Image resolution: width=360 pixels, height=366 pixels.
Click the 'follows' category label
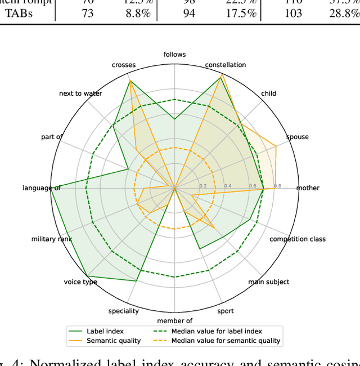click(174, 55)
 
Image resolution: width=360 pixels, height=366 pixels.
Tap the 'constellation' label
click(225, 65)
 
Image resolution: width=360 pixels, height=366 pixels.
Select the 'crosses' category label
click(124, 65)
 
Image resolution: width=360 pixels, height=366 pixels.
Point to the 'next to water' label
click(80, 93)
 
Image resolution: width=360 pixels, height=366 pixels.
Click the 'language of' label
click(42, 188)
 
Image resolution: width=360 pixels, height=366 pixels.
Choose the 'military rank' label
click(52, 239)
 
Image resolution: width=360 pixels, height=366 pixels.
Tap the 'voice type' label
click(80, 282)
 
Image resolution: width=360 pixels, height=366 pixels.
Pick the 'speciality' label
click(124, 311)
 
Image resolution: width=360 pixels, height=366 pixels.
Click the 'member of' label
click(174, 321)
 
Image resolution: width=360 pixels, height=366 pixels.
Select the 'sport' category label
click(226, 311)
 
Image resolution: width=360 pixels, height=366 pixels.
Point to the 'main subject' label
click(269, 282)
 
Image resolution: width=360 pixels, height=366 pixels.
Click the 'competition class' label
click(298, 239)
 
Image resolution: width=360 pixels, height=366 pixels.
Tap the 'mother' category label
click(308, 188)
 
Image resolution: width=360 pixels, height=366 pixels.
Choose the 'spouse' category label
click(298, 137)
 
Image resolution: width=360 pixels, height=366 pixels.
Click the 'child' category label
click(269, 93)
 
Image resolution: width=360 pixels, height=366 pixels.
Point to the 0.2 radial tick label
click(202, 186)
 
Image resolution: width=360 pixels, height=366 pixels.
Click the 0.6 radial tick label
click(253, 186)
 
